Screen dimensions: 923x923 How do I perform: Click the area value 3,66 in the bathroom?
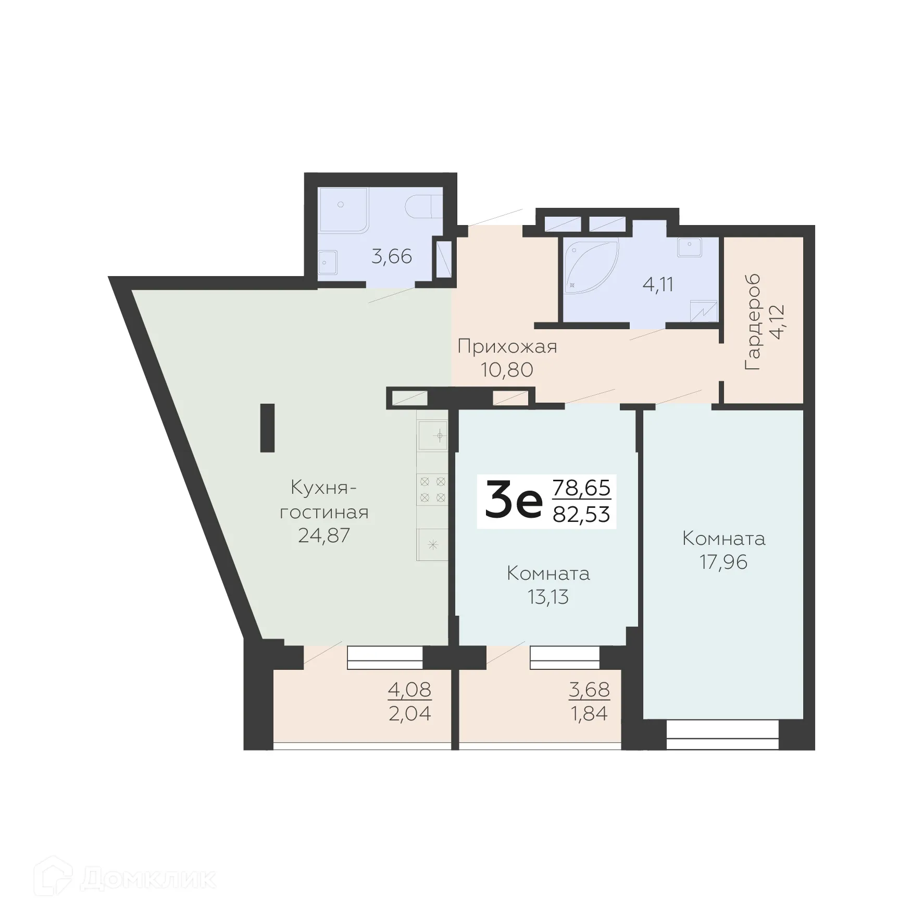coord(391,256)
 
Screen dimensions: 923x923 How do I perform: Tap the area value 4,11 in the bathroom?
coord(658,285)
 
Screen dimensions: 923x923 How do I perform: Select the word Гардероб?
coord(753,322)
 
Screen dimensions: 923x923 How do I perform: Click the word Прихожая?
coord(507,346)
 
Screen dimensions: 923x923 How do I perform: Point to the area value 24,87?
coord(323,535)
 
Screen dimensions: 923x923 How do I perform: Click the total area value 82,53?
coord(581,514)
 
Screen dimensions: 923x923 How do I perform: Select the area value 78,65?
coord(581,488)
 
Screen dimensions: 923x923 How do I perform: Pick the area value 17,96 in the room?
coord(724,562)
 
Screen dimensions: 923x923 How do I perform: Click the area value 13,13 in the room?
coord(548,597)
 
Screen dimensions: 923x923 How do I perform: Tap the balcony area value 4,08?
coord(409,690)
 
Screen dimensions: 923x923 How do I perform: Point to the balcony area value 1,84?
coord(589,713)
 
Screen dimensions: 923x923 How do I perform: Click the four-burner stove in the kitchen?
coord(432,489)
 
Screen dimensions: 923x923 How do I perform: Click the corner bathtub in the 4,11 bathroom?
coord(589,266)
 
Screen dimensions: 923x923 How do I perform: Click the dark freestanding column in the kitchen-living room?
coord(267,428)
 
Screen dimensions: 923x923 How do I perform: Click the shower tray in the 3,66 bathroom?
coord(343,209)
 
